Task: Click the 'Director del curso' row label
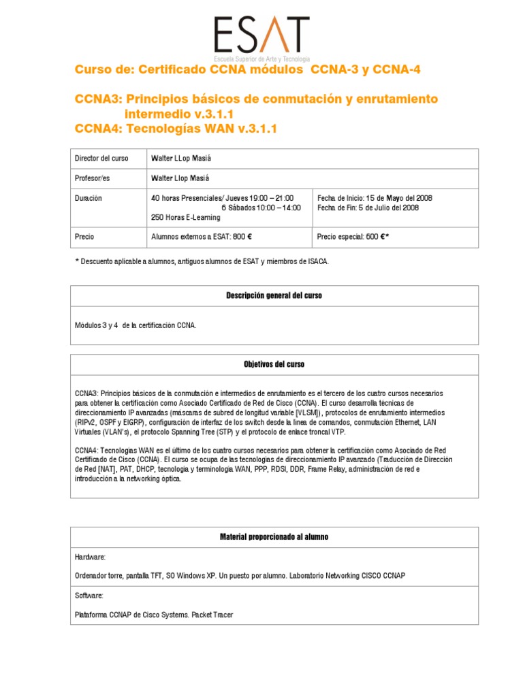(x=101, y=159)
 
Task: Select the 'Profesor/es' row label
(x=92, y=178)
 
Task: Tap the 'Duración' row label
(x=89, y=198)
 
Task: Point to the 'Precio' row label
(x=84, y=237)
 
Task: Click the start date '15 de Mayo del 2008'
(x=391, y=198)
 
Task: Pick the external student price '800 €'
(x=242, y=237)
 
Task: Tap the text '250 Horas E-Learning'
(x=185, y=217)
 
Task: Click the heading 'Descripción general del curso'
(x=274, y=296)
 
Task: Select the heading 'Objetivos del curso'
(x=274, y=365)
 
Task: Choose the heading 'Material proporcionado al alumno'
(x=274, y=537)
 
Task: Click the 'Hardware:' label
(x=90, y=557)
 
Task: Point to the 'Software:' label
(x=89, y=596)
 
